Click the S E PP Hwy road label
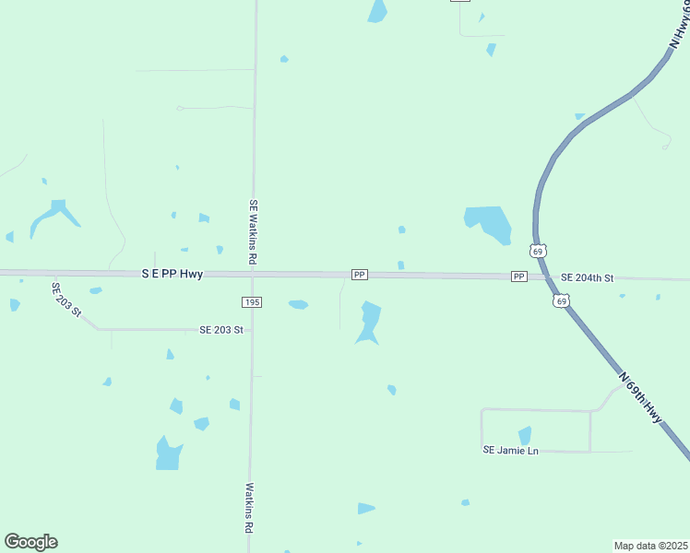point(172,274)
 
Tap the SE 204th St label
point(587,277)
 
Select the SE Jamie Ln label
point(510,450)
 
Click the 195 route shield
point(252,302)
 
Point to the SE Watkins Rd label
point(252,232)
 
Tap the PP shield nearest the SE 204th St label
point(518,276)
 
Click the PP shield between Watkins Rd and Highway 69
point(360,275)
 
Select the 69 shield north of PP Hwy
point(539,251)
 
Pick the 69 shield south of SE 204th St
point(561,300)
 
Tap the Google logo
point(30,542)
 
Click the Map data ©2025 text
point(649,545)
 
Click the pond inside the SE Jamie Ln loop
point(525,435)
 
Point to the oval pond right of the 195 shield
point(298,304)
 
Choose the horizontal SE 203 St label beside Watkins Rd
point(221,329)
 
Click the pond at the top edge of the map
point(377,11)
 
